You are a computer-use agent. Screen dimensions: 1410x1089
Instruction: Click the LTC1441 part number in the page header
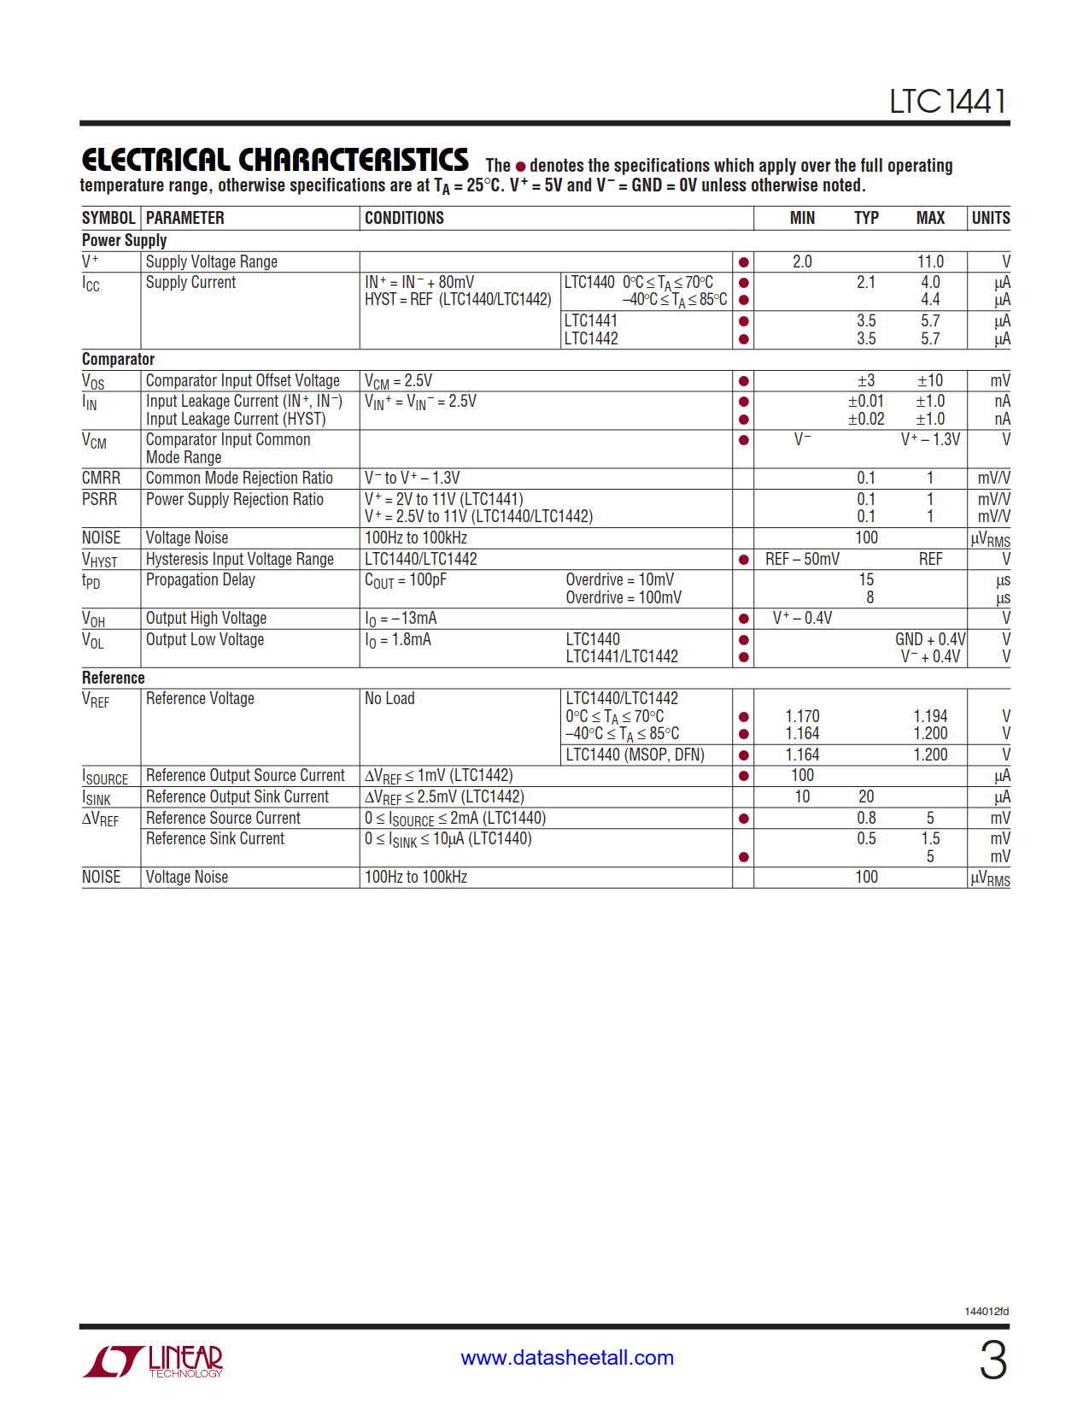point(947,102)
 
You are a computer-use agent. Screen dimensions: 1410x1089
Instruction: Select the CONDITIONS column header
point(404,218)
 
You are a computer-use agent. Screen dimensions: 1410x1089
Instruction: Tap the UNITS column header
point(990,218)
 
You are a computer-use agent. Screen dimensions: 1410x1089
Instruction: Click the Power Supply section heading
point(124,240)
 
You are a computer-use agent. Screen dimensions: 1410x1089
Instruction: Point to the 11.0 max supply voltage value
point(930,261)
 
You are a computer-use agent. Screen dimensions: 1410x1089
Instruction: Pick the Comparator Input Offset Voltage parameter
point(243,380)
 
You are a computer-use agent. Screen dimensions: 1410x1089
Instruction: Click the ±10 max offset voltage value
point(930,380)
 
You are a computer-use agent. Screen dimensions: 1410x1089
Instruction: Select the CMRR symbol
point(101,478)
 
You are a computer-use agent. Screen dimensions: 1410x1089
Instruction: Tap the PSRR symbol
point(99,499)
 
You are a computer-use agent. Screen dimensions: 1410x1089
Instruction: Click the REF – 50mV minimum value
point(802,559)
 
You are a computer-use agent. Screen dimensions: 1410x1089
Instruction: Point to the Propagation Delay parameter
point(200,579)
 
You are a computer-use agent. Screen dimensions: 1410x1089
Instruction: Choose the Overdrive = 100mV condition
point(624,597)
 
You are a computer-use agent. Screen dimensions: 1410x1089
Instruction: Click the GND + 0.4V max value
point(930,639)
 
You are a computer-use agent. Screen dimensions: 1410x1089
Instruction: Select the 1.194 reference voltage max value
point(930,716)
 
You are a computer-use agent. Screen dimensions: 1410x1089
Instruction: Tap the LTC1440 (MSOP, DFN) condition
point(635,755)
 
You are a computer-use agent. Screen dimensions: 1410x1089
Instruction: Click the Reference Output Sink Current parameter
point(237,796)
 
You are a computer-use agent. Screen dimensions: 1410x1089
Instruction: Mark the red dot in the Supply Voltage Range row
point(744,262)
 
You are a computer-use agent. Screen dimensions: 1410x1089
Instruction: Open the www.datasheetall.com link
point(567,1358)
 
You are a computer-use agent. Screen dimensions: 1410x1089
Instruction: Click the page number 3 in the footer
point(992,1360)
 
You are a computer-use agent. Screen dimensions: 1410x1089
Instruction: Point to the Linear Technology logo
point(153,1360)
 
